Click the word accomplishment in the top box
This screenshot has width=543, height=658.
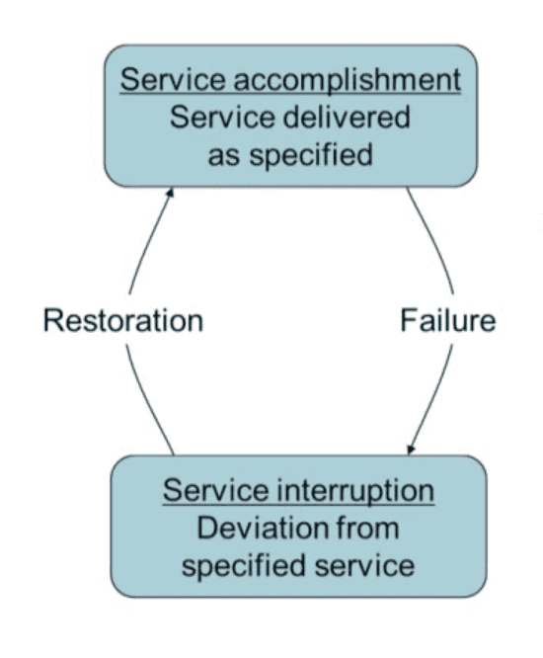[x=348, y=81]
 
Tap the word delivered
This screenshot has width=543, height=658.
[x=348, y=118]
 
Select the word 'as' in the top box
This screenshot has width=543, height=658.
[x=224, y=156]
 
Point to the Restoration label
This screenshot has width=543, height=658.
[x=123, y=321]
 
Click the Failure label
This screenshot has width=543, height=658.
[x=448, y=321]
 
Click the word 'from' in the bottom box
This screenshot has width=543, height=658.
[x=367, y=528]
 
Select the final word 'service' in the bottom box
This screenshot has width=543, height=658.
[x=364, y=566]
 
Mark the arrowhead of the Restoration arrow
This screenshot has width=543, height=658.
[x=171, y=192]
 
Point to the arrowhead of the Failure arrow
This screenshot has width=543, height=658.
[x=411, y=450]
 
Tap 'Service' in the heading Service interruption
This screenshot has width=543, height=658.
[x=215, y=491]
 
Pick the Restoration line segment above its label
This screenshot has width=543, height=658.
[x=147, y=241]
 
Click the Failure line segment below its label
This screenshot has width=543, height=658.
[x=434, y=399]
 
